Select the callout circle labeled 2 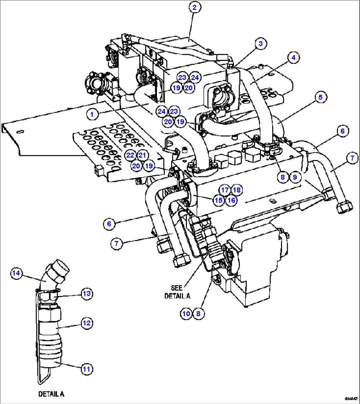pyautogui.click(x=195, y=8)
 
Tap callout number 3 pyautogui.click(x=261, y=43)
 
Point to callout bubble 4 pyautogui.click(x=293, y=57)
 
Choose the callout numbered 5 pyautogui.click(x=320, y=97)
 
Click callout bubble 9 pyautogui.click(x=295, y=177)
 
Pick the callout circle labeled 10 pyautogui.click(x=186, y=313)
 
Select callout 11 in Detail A pyautogui.click(x=87, y=369)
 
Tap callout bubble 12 pyautogui.click(x=87, y=323)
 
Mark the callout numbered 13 pyautogui.click(x=87, y=294)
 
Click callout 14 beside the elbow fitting pyautogui.click(x=16, y=273)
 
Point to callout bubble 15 pyautogui.click(x=219, y=200)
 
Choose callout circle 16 pyautogui.click(x=231, y=200)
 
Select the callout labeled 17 pyautogui.click(x=225, y=190)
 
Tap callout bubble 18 pyautogui.click(x=237, y=190)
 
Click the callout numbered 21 pyautogui.click(x=142, y=155)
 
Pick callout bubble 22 pyautogui.click(x=130, y=155)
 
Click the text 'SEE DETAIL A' pyautogui.click(x=177, y=292)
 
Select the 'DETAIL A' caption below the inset pyautogui.click(x=51, y=394)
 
